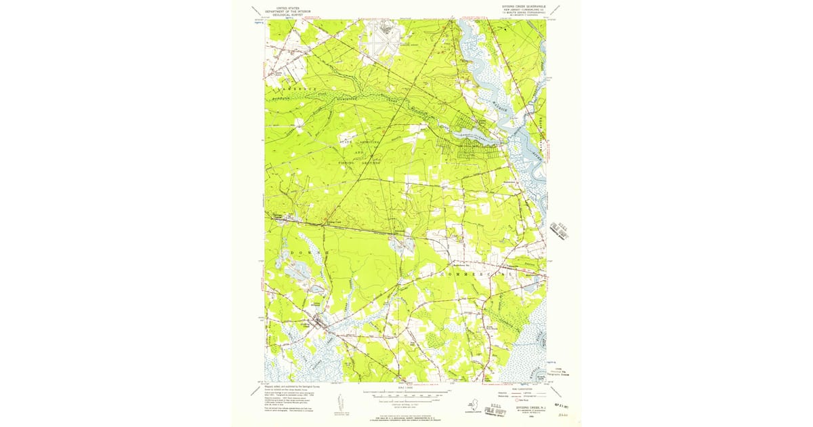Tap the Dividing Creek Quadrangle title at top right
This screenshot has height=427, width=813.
tap(522, 7)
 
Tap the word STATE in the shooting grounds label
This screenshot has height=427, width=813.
tap(346, 142)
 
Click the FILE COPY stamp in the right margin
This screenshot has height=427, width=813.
tap(560, 230)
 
